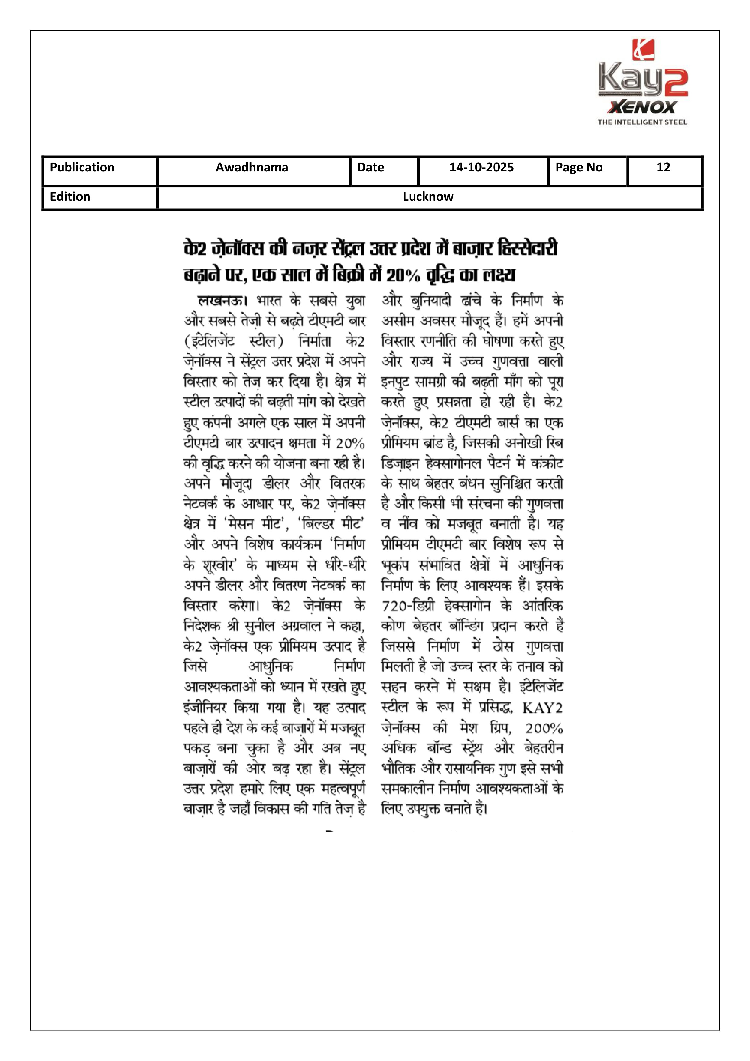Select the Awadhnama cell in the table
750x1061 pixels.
tap(252, 167)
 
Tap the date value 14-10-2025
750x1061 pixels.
tap(482, 167)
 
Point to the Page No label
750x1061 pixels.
tap(579, 167)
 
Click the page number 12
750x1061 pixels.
tap(663, 167)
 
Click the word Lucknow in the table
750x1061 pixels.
tap(428, 197)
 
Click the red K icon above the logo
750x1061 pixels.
tap(643, 50)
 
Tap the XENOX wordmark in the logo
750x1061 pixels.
tap(643, 108)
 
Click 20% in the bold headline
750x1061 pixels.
tap(403, 276)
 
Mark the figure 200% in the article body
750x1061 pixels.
tap(544, 729)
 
